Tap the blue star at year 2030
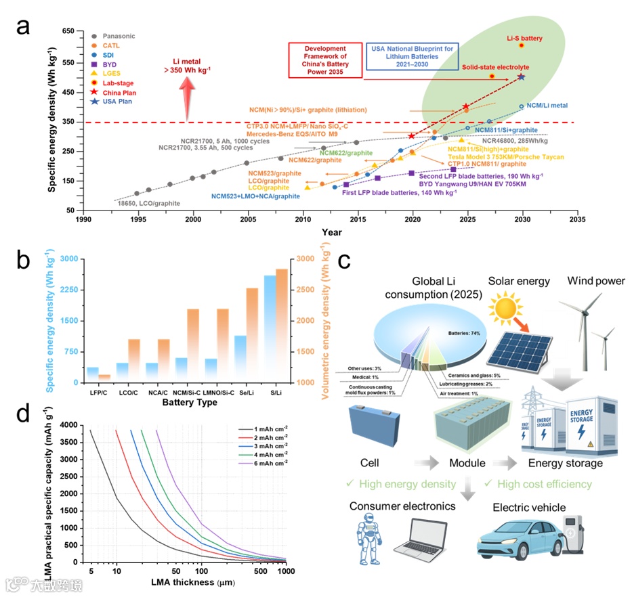[521, 77]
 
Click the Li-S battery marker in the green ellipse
[521, 45]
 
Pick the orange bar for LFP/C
[104, 378]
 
